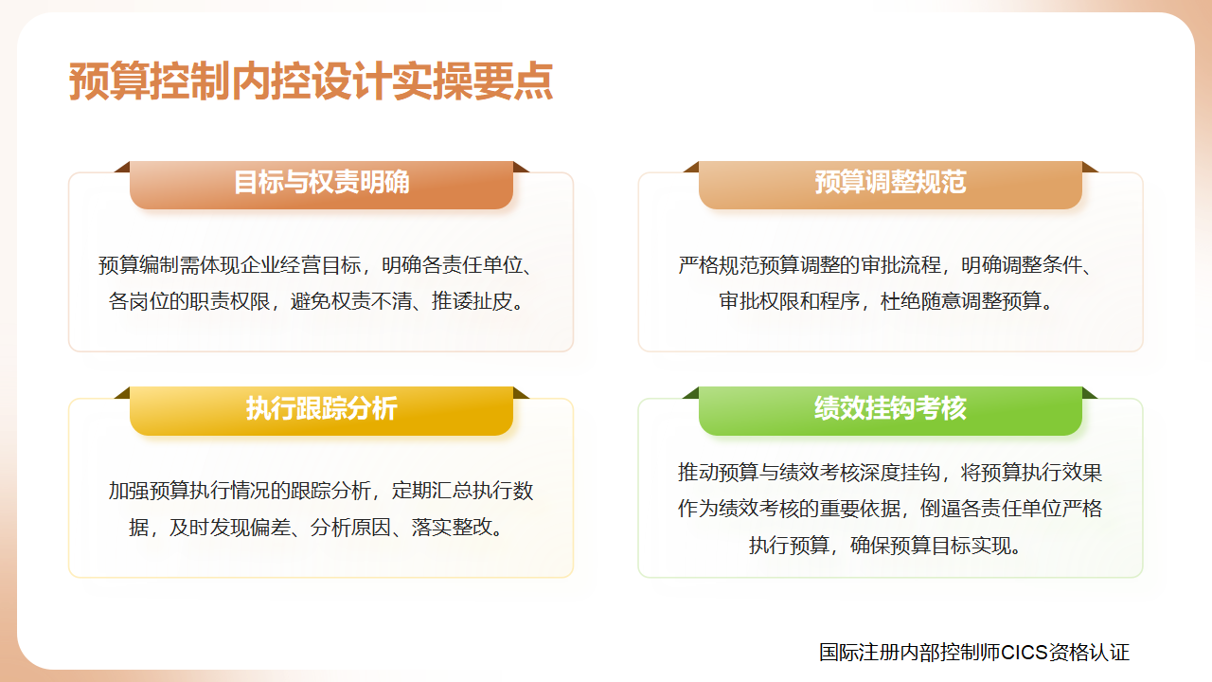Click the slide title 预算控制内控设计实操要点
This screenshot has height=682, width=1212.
(x=311, y=81)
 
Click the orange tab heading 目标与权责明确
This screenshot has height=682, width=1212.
(x=321, y=182)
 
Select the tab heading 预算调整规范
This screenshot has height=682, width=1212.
(x=890, y=182)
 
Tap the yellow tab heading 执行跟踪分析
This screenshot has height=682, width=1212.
(x=321, y=408)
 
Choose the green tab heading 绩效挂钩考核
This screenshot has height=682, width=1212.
(x=890, y=408)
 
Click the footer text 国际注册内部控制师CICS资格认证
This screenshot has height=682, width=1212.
(x=974, y=653)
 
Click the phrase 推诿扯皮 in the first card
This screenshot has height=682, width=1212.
(x=472, y=301)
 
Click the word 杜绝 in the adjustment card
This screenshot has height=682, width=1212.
(x=900, y=301)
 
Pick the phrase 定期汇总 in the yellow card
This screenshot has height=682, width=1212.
(x=432, y=491)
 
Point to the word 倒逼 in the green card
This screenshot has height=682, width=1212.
(x=940, y=509)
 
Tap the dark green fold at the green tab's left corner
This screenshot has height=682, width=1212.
(x=691, y=393)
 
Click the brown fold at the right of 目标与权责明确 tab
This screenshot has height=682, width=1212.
(x=521, y=167)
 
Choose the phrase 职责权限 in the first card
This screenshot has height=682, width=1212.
(x=230, y=301)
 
